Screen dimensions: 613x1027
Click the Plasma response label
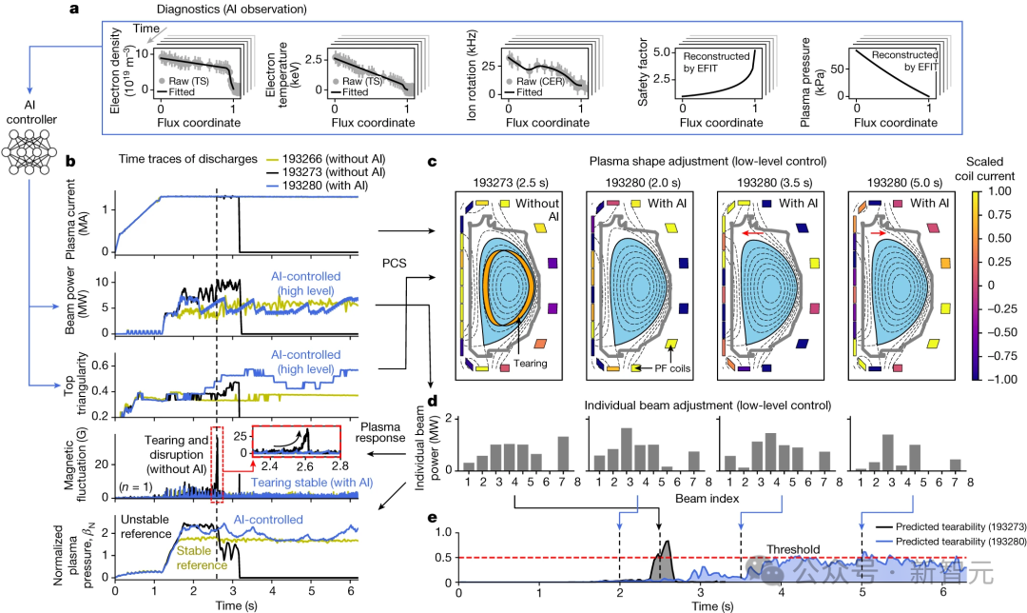[391, 431]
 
